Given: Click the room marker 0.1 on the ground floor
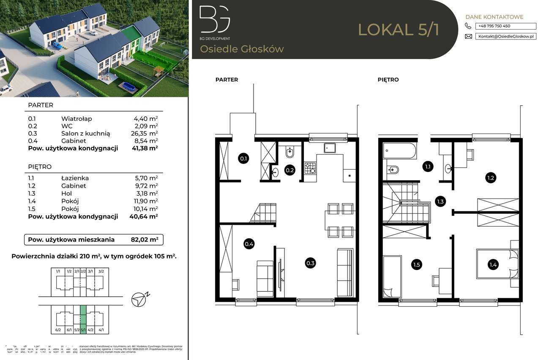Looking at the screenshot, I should click(x=243, y=159).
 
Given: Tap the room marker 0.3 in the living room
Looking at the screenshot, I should click(x=310, y=263).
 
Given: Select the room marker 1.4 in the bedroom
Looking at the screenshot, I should click(x=493, y=265).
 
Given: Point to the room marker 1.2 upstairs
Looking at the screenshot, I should click(x=490, y=178).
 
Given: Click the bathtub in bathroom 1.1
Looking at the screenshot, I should click(x=400, y=151).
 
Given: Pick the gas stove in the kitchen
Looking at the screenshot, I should click(x=310, y=168).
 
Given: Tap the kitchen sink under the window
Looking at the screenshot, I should click(x=330, y=148).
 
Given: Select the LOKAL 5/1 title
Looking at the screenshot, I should click(x=399, y=30).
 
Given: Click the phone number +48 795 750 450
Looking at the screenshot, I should click(x=494, y=26).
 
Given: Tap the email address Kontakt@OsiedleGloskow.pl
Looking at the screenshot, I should click(x=505, y=36).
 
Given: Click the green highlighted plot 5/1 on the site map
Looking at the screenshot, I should click(x=83, y=314).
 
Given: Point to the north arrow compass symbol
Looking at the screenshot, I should click(x=139, y=299).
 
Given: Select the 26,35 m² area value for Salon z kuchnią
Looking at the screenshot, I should click(x=145, y=133).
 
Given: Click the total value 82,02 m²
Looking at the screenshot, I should click(x=145, y=240).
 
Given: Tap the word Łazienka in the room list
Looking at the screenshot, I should click(x=75, y=178).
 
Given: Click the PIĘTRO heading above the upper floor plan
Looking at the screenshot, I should click(x=388, y=79).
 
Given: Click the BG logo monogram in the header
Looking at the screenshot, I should click(x=215, y=19).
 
